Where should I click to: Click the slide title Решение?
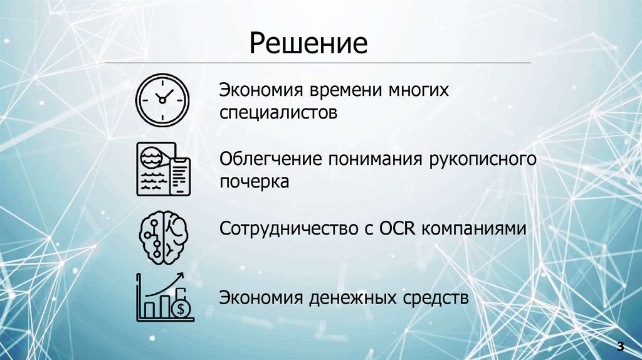coord(308,44)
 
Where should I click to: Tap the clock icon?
coord(162,99)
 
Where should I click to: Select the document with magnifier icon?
coord(163,169)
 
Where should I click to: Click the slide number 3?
coord(620,346)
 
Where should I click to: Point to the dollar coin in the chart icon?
coord(183,308)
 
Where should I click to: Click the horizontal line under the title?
coord(317,63)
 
